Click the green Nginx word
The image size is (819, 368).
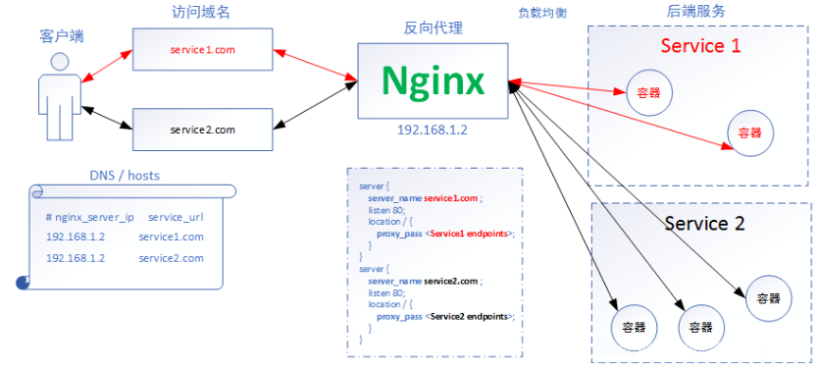[x=433, y=80]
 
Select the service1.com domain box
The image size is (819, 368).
[x=202, y=50]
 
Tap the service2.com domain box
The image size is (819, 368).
[x=202, y=130]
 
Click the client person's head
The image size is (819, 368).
[x=60, y=61]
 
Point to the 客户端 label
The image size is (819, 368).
[x=62, y=36]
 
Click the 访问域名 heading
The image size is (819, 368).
[x=200, y=13]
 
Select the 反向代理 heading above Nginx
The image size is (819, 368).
[x=434, y=28]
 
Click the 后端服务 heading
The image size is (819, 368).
[x=696, y=12]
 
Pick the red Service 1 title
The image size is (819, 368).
[x=700, y=46]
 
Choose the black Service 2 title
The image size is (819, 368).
[x=704, y=224]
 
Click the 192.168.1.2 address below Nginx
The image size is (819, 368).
[x=433, y=130]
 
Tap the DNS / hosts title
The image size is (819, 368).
[x=125, y=176]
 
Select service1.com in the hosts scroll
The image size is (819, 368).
[x=171, y=237]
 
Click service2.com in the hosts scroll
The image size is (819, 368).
[x=171, y=258]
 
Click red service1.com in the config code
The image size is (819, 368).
[x=450, y=198]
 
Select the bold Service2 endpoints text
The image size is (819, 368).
[x=469, y=317]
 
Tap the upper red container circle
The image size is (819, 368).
[x=648, y=93]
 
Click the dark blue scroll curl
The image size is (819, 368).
[x=23, y=283]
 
